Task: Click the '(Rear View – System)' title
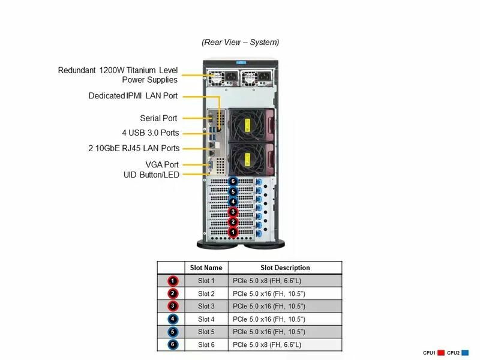coord(240,42)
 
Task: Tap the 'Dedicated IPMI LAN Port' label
coord(133,96)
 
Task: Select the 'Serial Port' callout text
coord(159,118)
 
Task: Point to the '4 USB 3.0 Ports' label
coord(150,133)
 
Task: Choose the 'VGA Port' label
coord(162,164)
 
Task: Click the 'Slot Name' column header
coord(206,268)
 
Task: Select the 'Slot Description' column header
coord(285,268)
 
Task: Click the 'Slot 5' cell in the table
coord(206,332)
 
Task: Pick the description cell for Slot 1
coord(285,281)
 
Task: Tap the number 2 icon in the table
coord(172,293)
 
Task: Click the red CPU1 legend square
coord(440,353)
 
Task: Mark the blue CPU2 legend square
coord(464,353)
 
